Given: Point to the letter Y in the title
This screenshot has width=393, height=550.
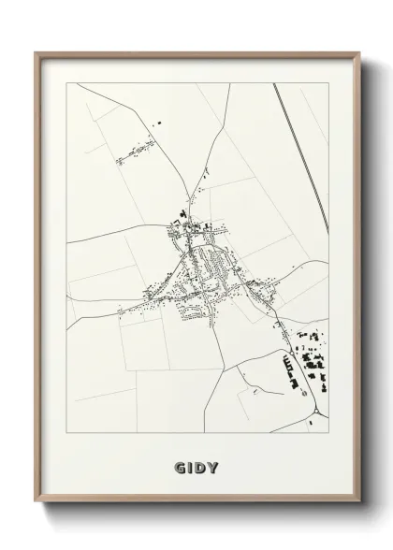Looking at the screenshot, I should pos(216,466).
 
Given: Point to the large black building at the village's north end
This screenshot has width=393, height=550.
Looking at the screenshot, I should pos(174,224).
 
